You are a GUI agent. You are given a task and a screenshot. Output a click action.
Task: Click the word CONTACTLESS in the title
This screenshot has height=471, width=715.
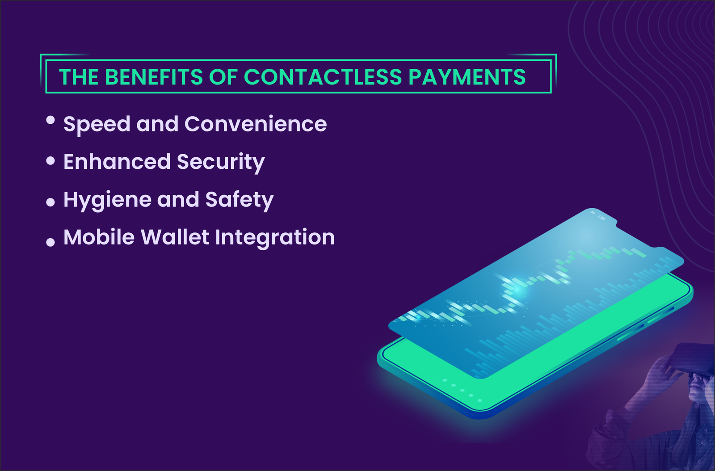coord(323,77)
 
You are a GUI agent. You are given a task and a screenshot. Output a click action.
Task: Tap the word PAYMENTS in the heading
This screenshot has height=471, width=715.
coord(467,77)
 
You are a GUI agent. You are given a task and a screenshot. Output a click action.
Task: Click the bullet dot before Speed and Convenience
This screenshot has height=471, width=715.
coord(50,120)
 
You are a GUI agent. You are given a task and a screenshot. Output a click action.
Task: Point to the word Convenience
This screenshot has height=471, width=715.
coord(255,124)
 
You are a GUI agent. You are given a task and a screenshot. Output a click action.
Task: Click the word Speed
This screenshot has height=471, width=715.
coord(97,125)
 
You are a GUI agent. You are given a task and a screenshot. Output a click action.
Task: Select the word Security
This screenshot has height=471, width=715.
coord(221,162)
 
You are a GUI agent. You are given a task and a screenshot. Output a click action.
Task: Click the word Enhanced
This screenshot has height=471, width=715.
coord(117,161)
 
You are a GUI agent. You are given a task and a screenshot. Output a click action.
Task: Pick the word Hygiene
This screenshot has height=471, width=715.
coord(107,200)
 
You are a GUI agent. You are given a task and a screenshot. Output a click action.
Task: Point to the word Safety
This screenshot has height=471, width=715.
coord(239,200)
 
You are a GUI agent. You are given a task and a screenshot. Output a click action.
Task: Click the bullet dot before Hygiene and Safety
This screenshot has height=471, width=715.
coord(50,202)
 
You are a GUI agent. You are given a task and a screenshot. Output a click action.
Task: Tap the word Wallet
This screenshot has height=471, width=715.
coord(175,237)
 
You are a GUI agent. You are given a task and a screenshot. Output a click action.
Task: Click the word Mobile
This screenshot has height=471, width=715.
coord(99,237)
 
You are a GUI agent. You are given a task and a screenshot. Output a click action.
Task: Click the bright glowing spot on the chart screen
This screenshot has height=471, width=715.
coord(518,288)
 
